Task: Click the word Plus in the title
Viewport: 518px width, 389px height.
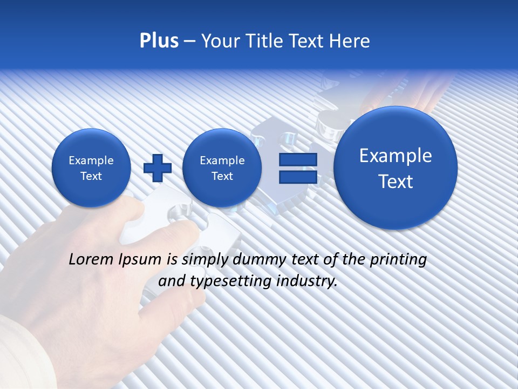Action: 159,41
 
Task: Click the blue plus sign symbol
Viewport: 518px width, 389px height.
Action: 158,168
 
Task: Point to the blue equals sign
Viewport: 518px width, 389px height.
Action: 297,168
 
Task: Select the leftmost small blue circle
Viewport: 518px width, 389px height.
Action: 91,168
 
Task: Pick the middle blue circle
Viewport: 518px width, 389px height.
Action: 222,168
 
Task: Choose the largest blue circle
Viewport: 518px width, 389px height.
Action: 396,168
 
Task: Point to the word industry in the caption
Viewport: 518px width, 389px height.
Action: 308,281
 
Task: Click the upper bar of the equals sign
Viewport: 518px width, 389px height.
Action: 297,160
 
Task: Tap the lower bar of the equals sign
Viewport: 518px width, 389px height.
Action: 297,177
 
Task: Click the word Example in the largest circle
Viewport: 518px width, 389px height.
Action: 396,156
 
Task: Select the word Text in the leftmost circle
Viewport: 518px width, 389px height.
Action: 91,176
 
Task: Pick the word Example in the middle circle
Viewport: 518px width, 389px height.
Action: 222,160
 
